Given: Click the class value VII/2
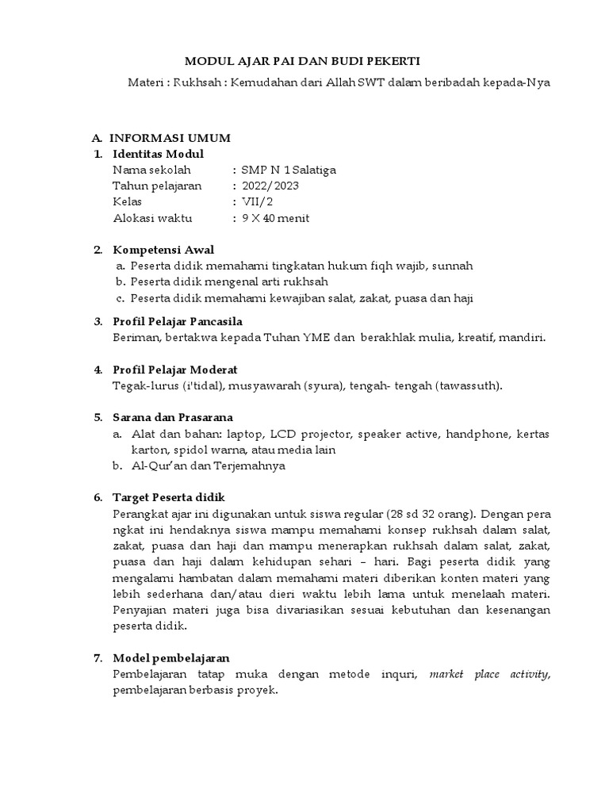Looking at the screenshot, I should pos(257,201).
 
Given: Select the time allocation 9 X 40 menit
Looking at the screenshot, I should pos(275,218).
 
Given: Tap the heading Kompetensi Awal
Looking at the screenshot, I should pos(163,250).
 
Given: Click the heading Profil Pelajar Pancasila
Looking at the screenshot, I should pos(178,321).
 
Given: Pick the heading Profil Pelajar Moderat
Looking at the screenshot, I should pos(175,370).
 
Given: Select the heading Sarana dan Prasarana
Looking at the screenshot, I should pos(173,417).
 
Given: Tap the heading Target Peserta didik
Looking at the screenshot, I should pos(170,497).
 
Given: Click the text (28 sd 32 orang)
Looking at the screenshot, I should pos(431,513).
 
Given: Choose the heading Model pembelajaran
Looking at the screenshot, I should pos(171,658).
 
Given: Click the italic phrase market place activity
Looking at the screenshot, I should pos(488,674).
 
